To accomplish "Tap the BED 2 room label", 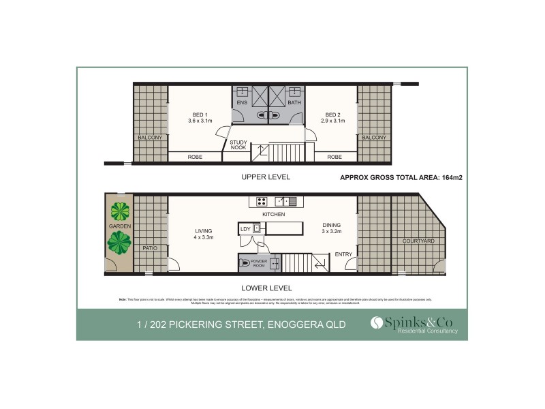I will point(332,114).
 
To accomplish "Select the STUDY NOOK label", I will point(238,145).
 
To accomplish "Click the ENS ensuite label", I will point(241,103).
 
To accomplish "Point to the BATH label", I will point(294,103).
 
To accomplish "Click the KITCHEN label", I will point(272,214).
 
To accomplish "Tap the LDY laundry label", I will point(245,228).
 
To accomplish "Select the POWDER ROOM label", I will point(259,262).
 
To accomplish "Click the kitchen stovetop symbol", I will point(261,201).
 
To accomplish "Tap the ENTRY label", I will point(343,255).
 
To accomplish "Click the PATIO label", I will point(150,248).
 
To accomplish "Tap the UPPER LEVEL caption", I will point(266,177).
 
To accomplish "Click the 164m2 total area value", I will point(451,177).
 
